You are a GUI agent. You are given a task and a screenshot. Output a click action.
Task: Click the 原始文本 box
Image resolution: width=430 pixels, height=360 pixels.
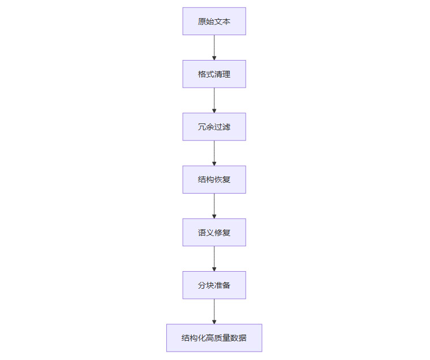point(214,21)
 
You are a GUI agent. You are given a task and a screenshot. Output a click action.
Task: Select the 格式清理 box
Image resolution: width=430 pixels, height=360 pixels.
point(214,74)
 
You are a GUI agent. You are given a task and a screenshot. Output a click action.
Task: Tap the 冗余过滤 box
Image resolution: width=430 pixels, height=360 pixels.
point(214,127)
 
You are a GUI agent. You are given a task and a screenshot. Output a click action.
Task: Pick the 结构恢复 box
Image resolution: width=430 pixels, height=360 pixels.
point(214,179)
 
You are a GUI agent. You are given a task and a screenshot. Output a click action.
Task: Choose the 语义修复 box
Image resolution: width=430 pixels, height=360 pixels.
point(214,233)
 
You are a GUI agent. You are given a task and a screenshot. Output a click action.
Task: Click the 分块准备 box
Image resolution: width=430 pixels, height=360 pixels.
point(214,285)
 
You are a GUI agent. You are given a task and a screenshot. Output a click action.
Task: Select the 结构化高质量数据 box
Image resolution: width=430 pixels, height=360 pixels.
point(214,338)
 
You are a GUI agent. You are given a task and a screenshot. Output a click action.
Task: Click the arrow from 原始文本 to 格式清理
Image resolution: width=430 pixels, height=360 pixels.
point(214,48)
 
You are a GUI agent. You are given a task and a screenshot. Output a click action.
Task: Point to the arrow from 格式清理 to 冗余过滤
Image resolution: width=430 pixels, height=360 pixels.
point(214,100)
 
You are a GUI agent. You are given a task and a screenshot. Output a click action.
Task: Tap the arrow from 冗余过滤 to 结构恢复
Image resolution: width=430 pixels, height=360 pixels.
point(214,153)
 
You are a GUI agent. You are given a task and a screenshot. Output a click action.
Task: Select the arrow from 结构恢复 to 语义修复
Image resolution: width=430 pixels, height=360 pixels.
point(214,206)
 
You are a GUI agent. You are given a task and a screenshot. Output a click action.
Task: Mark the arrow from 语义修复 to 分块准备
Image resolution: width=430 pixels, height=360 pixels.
point(214,259)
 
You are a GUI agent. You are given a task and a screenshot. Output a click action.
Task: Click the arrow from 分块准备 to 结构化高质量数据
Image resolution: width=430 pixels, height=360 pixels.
point(214,311)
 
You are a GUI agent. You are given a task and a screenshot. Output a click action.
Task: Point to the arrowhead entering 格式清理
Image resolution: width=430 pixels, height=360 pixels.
point(214,58)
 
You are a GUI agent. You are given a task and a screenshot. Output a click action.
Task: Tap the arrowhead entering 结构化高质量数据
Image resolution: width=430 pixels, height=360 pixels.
point(214,322)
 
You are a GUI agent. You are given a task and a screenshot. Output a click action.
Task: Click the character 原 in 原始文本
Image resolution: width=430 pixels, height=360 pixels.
point(202,22)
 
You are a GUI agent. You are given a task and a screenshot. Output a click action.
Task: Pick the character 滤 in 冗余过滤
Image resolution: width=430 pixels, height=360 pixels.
point(226,127)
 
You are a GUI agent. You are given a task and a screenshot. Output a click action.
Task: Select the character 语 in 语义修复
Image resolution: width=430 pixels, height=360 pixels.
point(202,233)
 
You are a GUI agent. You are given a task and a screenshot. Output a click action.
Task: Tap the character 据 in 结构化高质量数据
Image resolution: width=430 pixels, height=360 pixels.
point(243,338)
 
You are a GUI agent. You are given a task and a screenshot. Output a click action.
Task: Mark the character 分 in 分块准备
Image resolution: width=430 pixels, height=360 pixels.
point(202,285)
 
